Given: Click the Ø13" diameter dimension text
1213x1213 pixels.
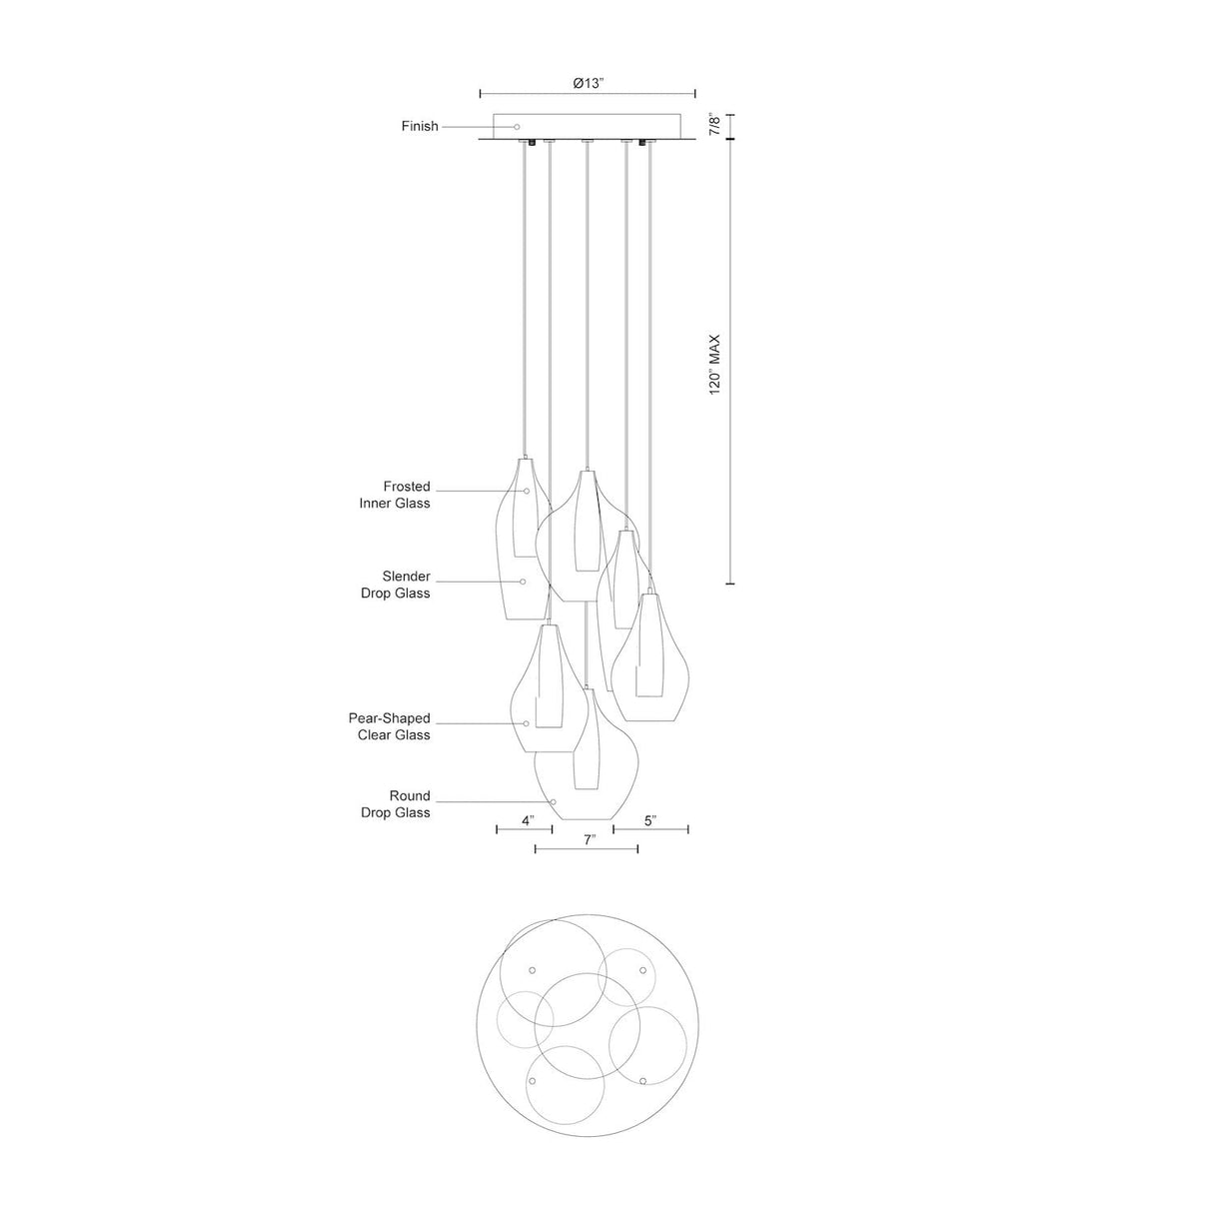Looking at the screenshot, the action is coord(588,83).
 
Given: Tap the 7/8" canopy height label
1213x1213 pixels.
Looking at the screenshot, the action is coord(714,125).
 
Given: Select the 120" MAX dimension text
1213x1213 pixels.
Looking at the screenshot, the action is coord(714,365).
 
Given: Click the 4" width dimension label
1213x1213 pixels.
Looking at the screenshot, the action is coord(528,821).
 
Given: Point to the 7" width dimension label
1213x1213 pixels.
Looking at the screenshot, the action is coord(590,840).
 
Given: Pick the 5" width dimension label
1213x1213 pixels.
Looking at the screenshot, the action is coord(650,821).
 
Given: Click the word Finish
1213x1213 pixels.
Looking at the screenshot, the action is coord(420,127).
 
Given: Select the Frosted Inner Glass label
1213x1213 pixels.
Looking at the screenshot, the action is coord(396,495).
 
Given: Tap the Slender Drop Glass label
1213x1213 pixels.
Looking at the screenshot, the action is coord(396,585).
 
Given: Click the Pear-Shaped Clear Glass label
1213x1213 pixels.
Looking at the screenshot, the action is coord(390,726).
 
